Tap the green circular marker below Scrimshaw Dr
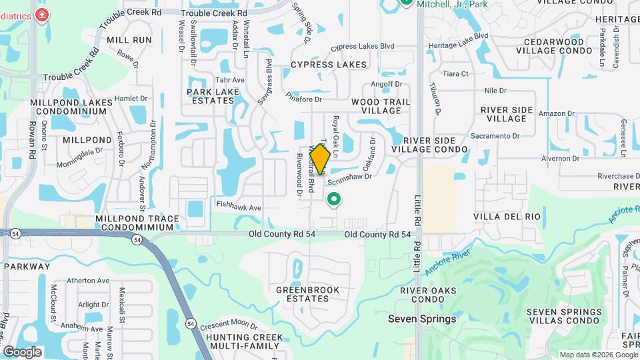click(334, 199)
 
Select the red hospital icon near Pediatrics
click(42, 15)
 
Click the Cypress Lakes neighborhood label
click(329, 65)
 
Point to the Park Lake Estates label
click(211, 96)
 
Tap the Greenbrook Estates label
click(308, 294)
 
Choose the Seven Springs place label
click(422, 319)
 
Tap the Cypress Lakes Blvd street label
click(363, 47)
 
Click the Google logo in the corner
click(22, 351)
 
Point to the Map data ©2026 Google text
click(597, 355)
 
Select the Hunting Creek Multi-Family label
click(245, 341)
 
